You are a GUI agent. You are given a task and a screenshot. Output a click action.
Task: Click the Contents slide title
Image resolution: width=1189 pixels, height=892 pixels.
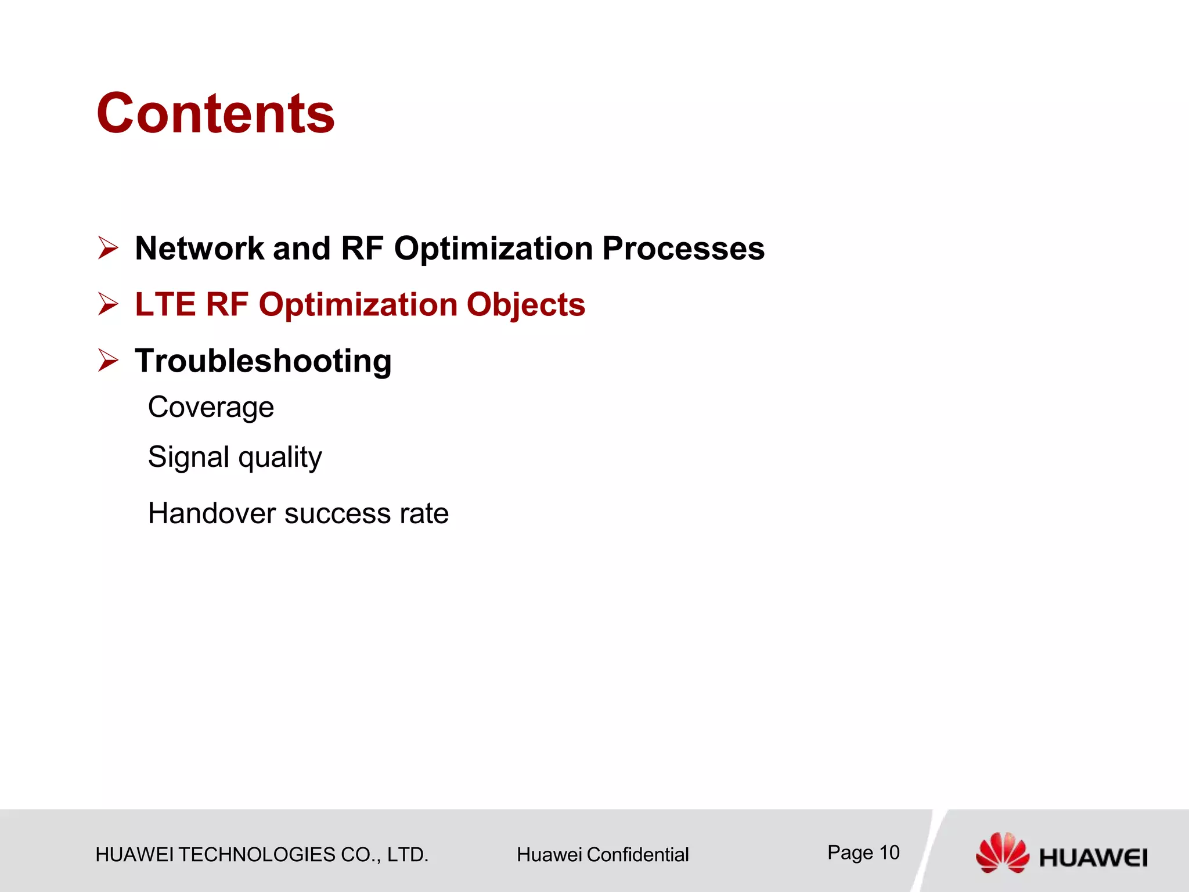[215, 114]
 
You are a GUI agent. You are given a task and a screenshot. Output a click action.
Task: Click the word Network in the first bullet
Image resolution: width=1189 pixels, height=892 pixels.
[200, 249]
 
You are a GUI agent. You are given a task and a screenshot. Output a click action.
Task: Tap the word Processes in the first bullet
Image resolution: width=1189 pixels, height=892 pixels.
[683, 249]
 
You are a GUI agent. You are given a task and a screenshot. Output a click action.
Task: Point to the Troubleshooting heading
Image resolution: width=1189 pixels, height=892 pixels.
[263, 361]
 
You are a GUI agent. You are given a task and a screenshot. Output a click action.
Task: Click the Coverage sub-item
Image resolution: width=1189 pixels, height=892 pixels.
[211, 407]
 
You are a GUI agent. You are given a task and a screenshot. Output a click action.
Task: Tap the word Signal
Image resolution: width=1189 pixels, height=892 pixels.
[189, 457]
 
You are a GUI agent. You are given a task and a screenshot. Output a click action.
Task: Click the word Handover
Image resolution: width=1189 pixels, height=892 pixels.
[212, 513]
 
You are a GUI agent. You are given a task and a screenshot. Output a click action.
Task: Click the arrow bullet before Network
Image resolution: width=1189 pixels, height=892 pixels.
[108, 248]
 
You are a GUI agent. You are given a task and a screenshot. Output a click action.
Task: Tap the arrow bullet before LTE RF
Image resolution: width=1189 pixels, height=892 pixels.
[108, 304]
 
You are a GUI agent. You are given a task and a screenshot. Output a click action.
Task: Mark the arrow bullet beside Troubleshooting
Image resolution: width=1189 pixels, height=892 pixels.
[108, 360]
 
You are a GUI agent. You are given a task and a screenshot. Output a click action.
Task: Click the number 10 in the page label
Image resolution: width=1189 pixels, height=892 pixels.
[889, 853]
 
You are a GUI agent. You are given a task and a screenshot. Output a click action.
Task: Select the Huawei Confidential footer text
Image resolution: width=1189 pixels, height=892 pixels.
[602, 855]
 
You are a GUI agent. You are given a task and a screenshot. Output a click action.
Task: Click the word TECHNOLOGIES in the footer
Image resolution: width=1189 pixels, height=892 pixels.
[257, 855]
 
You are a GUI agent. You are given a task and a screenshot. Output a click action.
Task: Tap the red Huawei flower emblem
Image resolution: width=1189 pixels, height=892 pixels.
[1001, 852]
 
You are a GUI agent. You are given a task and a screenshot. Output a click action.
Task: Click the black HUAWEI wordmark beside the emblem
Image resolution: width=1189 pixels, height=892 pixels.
[1093, 858]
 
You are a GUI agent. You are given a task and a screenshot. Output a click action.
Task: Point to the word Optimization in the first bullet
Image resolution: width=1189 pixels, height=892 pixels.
[493, 249]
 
